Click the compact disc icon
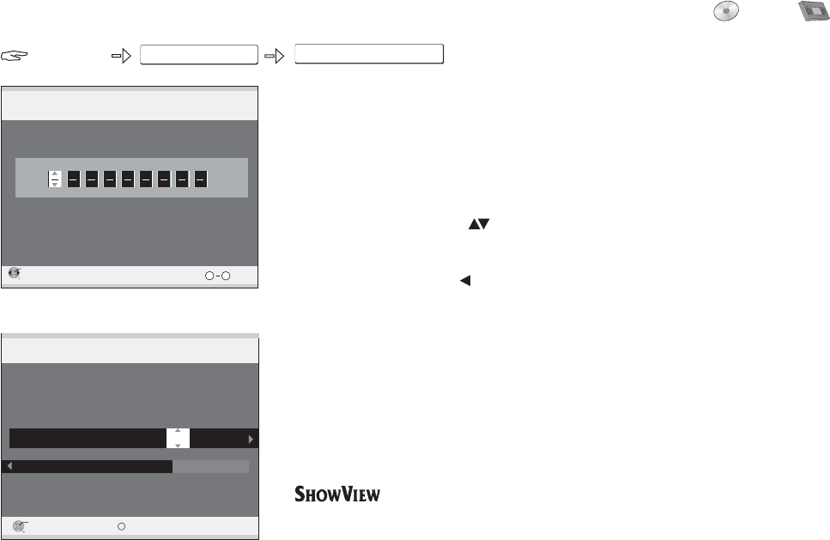tap(726, 12)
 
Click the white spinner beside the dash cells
tap(55, 179)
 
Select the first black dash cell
tap(75, 179)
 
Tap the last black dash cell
tap(200, 179)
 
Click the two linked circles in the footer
tap(218, 276)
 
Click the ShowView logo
tap(337, 495)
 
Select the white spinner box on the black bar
tap(178, 438)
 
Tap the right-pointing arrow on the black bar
tap(251, 439)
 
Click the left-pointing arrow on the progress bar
tap(9, 466)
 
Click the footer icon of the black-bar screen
tap(20, 525)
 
